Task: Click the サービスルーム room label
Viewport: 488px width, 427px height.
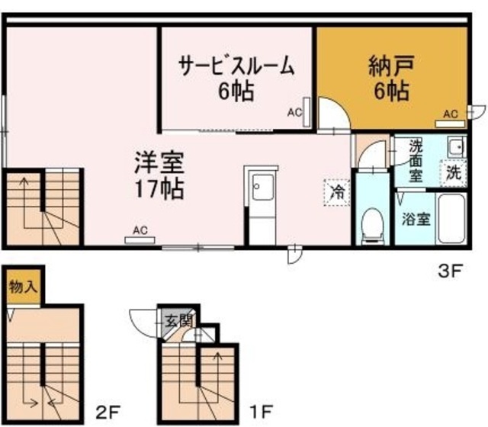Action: [236, 66]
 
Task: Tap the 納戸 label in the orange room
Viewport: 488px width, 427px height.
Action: [390, 66]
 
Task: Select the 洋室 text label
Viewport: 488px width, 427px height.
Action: [159, 163]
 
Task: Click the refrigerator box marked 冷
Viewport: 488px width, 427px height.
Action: [335, 191]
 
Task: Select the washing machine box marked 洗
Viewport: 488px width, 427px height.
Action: [454, 172]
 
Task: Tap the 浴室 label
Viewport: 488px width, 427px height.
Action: [416, 218]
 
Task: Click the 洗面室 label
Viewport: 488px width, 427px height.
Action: [416, 159]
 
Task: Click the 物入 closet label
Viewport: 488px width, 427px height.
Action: [23, 287]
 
